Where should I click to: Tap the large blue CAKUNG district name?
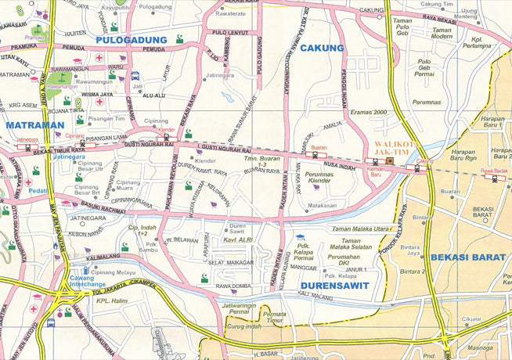[322, 49]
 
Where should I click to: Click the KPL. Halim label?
[110, 301]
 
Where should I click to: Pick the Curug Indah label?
[241, 326]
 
